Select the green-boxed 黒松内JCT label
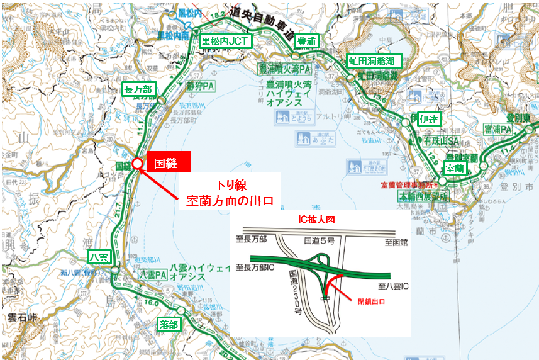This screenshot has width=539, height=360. click(x=226, y=42)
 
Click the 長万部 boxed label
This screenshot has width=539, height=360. click(x=137, y=87)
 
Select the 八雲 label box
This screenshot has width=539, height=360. click(x=99, y=256)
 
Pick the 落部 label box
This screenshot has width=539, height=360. click(x=169, y=324)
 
